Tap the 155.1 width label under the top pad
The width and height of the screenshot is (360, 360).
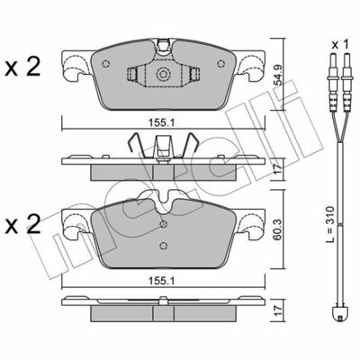[x=163, y=122]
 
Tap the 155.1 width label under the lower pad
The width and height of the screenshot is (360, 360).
[x=162, y=281]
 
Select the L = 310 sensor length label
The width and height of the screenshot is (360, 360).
[x=329, y=224]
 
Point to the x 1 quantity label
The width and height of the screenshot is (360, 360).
[x=340, y=45]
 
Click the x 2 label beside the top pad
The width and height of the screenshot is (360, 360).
[x=22, y=67]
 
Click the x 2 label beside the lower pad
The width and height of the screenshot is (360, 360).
[x=22, y=224]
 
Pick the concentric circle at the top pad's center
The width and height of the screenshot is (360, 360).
[x=163, y=74]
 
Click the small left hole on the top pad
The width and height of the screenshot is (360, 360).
[x=106, y=64]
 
